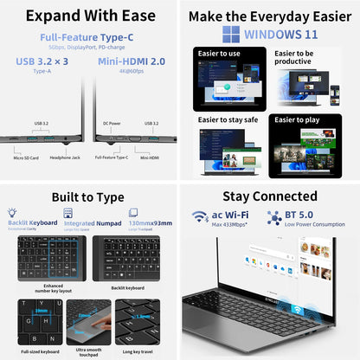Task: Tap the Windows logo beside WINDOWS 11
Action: pyautogui.click(x=231, y=34)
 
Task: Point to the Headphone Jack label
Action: pyautogui.click(x=64, y=157)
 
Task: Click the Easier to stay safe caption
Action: pyautogui.click(x=227, y=119)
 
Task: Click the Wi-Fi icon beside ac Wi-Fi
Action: pyautogui.click(x=200, y=216)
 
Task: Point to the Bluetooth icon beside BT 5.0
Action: pyautogui.click(x=274, y=216)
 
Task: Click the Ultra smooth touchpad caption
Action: pyautogui.click(x=90, y=347)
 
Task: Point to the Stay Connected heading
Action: pyautogui.click(x=270, y=196)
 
